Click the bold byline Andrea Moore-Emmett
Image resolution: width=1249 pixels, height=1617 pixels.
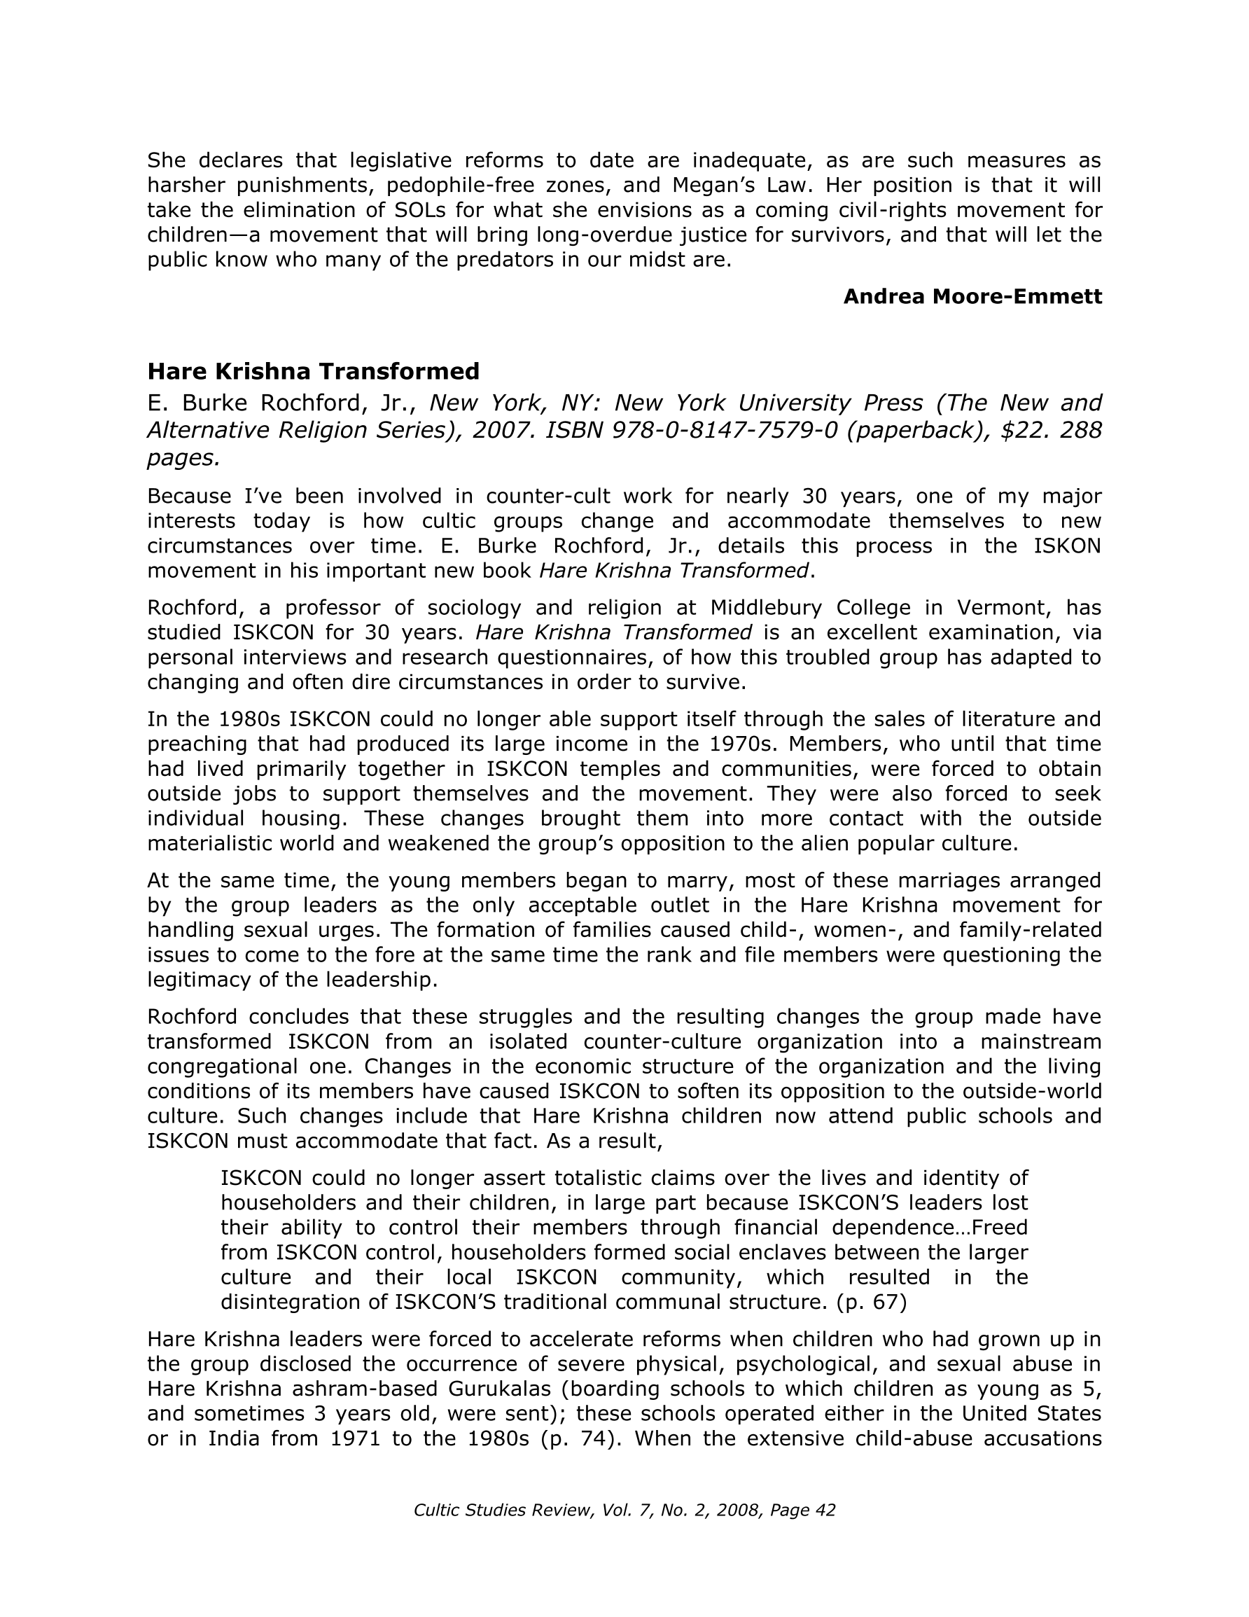(x=972, y=297)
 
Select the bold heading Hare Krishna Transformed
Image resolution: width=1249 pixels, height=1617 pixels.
(x=313, y=371)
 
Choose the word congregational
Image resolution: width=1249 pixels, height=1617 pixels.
(x=237, y=1067)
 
